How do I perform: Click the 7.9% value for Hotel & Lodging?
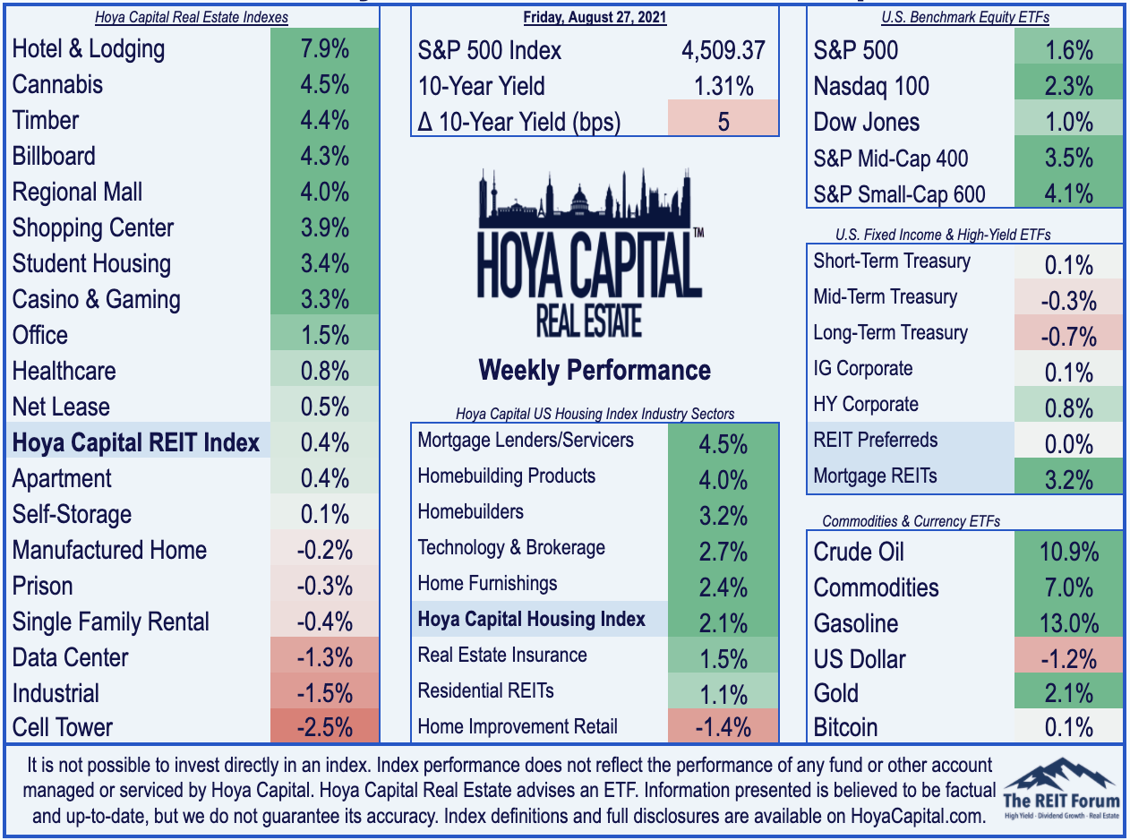pyautogui.click(x=324, y=49)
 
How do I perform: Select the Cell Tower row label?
pyautogui.click(x=62, y=727)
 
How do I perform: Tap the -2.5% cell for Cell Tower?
pyautogui.click(x=324, y=727)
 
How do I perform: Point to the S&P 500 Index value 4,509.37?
pyautogui.click(x=723, y=51)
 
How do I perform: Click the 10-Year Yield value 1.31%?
pyautogui.click(x=723, y=86)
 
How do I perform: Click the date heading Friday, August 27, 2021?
pyautogui.click(x=595, y=17)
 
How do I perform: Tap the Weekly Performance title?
pyautogui.click(x=595, y=370)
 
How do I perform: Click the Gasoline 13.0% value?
pyautogui.click(x=1069, y=623)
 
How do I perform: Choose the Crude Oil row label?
pyautogui.click(x=859, y=552)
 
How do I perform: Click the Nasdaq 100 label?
pyautogui.click(x=871, y=86)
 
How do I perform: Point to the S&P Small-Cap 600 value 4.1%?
pyautogui.click(x=1069, y=194)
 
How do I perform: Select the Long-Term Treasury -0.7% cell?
pyautogui.click(x=1068, y=332)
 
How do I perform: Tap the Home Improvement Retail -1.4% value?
pyautogui.click(x=723, y=727)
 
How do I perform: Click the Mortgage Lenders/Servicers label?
pyautogui.click(x=526, y=440)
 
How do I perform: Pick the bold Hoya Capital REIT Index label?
pyautogui.click(x=135, y=442)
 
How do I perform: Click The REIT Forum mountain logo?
pyautogui.click(x=1061, y=789)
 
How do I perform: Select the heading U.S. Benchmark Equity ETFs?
pyautogui.click(x=965, y=17)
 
